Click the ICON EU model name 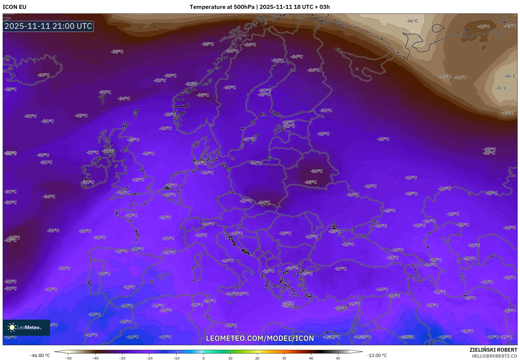point(15,7)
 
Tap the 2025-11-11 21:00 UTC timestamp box point(48,26)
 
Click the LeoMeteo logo point(26,327)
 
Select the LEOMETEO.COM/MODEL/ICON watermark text point(260,338)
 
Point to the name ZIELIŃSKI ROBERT point(493,350)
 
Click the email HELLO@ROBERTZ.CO point(494,356)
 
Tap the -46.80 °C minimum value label point(40,355)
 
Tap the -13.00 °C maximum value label point(377,355)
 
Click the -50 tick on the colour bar point(68,358)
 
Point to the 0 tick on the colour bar point(203,358)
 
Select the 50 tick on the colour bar point(338,358)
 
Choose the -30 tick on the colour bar point(122,358)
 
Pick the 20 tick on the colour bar point(257,358)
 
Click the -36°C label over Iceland point(43,75)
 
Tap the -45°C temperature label point(500,88)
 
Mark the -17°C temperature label point(165,337)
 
